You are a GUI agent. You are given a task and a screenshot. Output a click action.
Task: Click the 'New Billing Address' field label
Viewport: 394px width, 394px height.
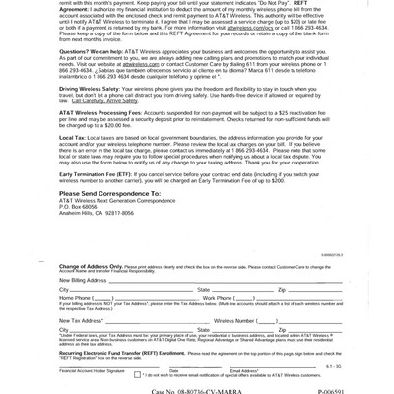[x=83, y=280]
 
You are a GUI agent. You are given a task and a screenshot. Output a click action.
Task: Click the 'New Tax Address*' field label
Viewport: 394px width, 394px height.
[x=81, y=320]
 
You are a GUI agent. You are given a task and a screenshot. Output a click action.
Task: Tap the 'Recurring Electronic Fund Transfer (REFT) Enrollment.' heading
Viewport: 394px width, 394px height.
[x=122, y=352]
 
